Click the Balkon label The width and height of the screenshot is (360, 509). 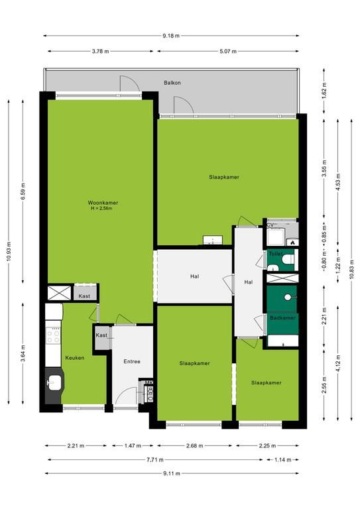click(x=172, y=83)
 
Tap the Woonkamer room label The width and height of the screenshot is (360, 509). click(x=103, y=203)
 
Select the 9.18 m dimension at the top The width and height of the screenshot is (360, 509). click(x=171, y=36)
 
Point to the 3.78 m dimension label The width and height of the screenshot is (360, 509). click(x=100, y=51)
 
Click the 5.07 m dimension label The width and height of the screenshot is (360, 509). click(x=228, y=51)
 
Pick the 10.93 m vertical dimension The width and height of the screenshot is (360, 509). click(x=9, y=252)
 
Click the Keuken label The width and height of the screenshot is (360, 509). click(x=75, y=358)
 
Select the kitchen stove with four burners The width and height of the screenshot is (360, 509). click(x=53, y=335)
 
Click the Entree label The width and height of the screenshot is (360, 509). click(x=132, y=361)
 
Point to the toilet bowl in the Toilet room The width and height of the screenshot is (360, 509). click(x=288, y=259)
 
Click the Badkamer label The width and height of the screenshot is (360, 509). click(x=282, y=318)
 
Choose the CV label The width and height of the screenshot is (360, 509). click(x=270, y=225)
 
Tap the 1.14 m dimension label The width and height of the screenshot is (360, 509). click(x=282, y=460)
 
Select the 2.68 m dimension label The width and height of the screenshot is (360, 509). click(x=195, y=445)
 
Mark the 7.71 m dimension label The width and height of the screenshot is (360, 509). click(x=155, y=460)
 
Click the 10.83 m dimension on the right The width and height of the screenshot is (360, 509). click(x=351, y=270)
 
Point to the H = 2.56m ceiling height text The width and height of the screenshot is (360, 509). click(x=101, y=208)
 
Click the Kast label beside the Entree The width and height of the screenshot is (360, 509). click(x=101, y=335)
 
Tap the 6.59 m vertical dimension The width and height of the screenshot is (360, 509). click(x=23, y=192)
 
